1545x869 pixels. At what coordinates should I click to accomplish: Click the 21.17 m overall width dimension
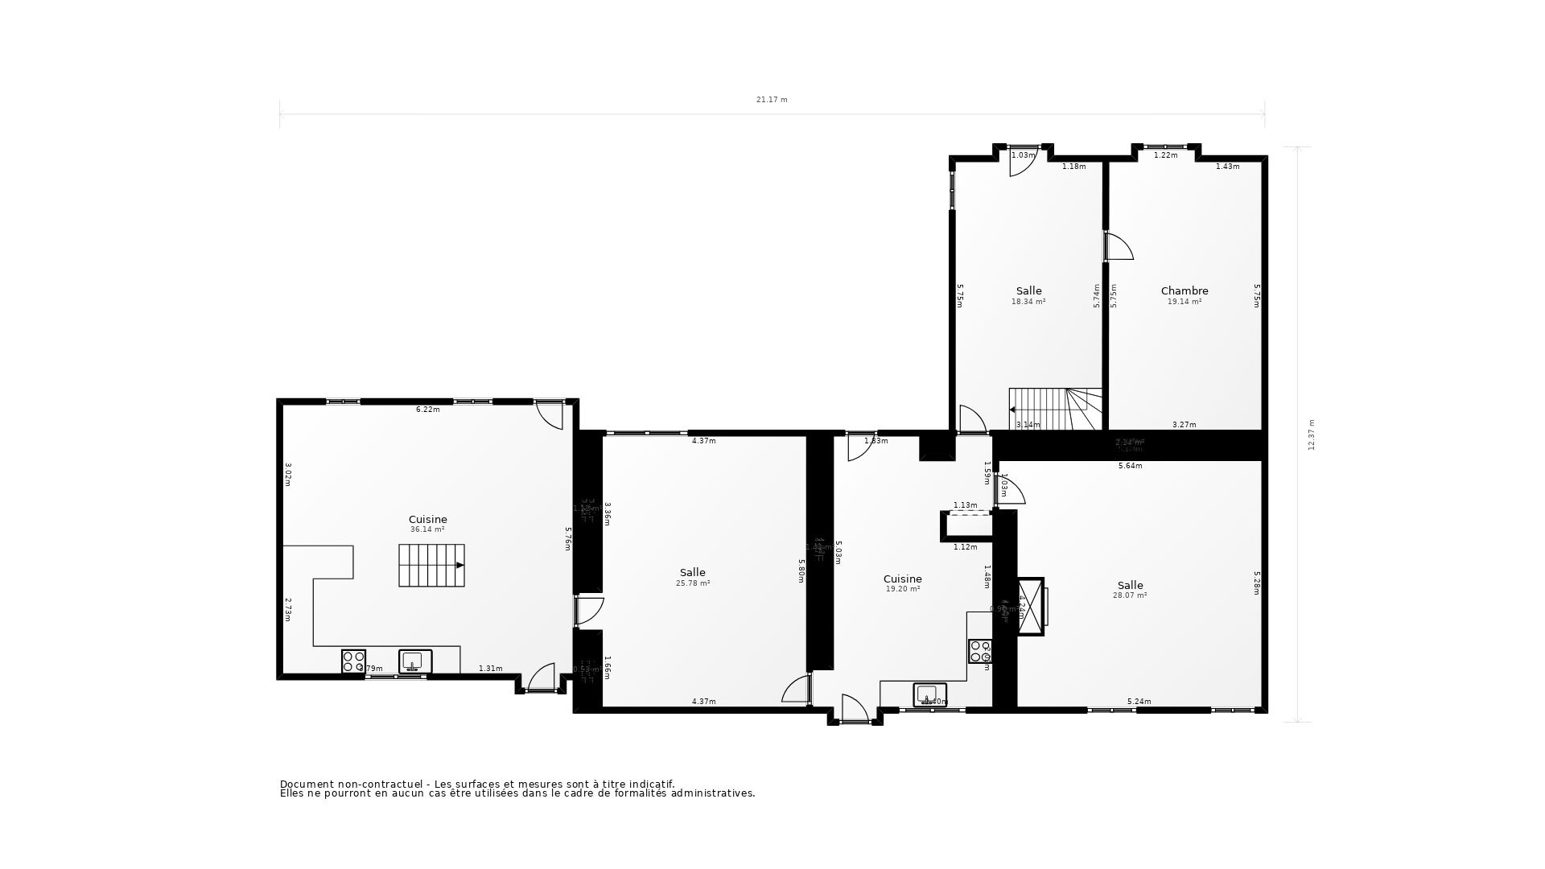[x=772, y=100]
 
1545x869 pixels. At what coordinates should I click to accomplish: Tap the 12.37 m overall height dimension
[x=1312, y=434]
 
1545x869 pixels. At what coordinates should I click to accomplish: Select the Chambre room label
[x=1184, y=290]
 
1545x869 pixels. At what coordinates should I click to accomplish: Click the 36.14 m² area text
[x=427, y=529]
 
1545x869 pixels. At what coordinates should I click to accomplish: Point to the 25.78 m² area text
[x=693, y=583]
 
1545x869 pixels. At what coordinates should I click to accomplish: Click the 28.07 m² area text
[x=1130, y=595]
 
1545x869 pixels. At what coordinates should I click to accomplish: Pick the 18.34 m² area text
[x=1028, y=302]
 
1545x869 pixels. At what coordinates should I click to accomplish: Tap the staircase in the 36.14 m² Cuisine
[x=431, y=565]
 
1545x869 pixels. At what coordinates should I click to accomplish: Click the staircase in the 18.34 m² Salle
[x=1055, y=409]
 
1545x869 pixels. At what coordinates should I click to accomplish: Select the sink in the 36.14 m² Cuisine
[x=415, y=661]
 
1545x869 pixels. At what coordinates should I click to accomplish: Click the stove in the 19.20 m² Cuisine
[x=979, y=651]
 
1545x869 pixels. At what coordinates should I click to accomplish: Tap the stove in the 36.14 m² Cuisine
[x=353, y=661]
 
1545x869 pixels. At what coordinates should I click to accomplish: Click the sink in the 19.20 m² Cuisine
[x=930, y=694]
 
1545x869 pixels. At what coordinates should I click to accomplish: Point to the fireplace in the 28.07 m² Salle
[x=1032, y=606]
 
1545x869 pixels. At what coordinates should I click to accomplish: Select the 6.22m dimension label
[x=427, y=410]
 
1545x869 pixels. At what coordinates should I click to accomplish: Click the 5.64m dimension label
[x=1130, y=466]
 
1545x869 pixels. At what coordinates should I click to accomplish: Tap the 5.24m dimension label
[x=1139, y=702]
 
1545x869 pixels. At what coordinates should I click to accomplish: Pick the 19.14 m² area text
[x=1184, y=302]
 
